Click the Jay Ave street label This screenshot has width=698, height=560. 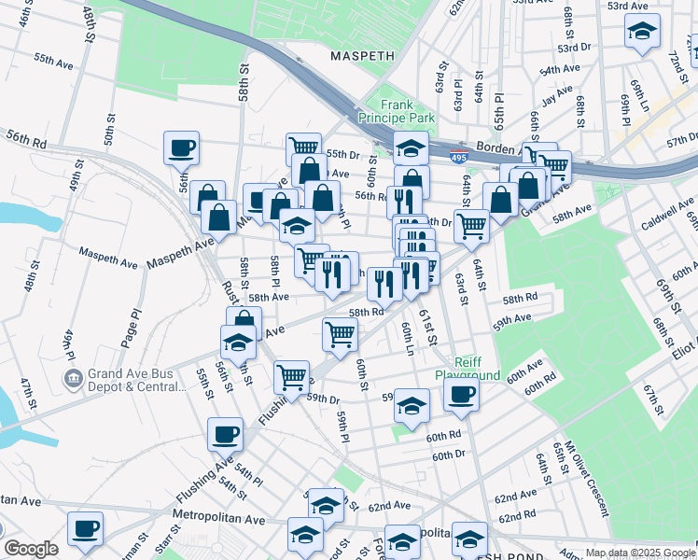pos(556,94)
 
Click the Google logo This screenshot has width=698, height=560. pos(31,549)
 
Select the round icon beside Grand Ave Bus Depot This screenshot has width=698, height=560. pos(73,379)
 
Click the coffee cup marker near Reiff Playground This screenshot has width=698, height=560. pos(461,393)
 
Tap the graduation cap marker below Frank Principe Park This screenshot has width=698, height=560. pos(410,147)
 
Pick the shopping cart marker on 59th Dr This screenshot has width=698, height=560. pos(292,376)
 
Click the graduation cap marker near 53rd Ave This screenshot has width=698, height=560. pos(642,31)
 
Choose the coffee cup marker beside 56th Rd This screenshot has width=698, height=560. pos(181,147)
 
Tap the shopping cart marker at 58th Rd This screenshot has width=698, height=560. pos(340,333)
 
